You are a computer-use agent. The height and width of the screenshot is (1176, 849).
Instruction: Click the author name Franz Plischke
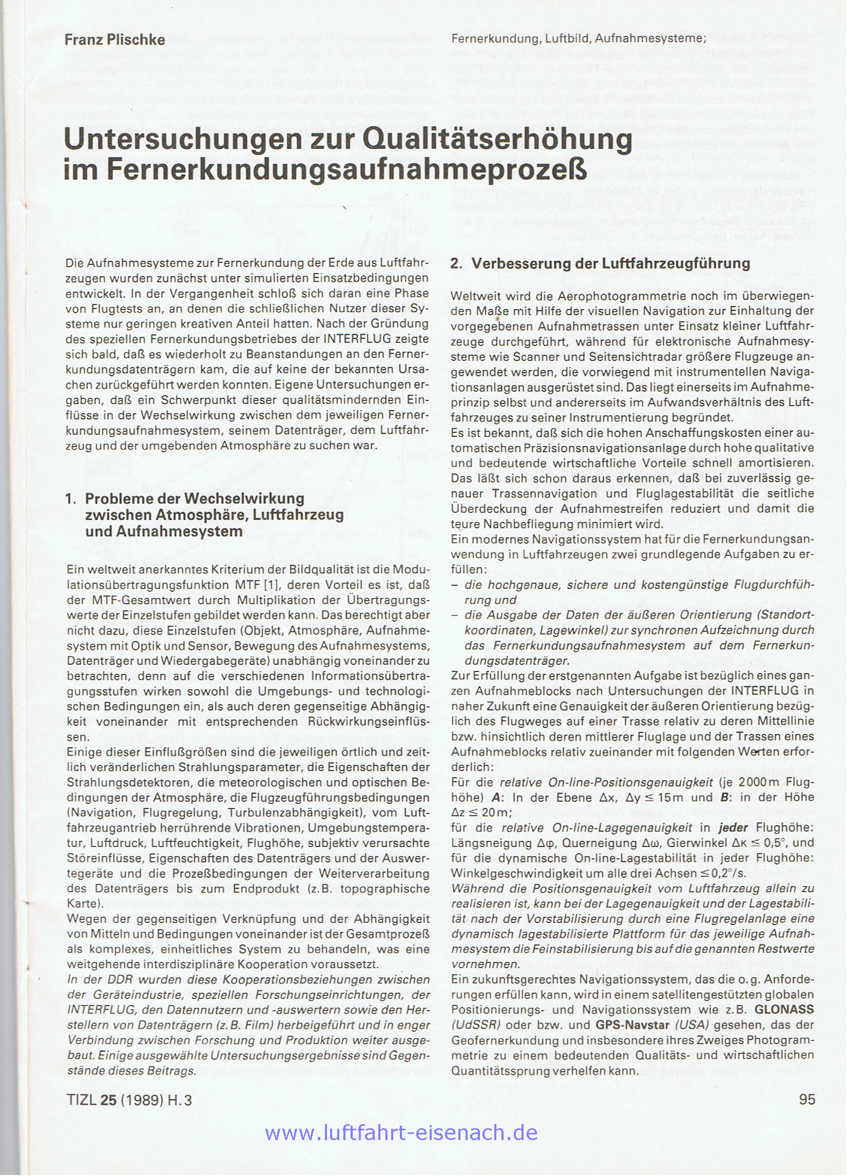coord(114,40)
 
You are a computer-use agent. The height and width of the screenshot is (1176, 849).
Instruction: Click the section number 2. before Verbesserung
coord(456,264)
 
